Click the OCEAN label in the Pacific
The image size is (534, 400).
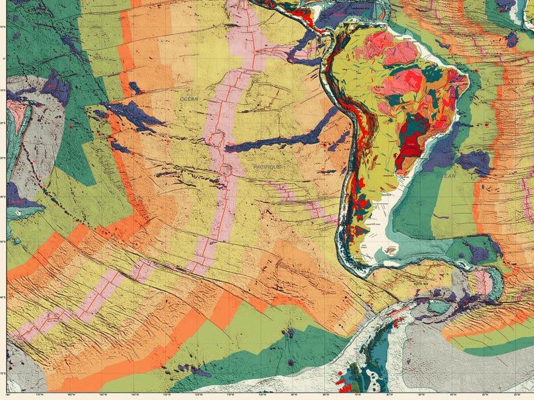coord(190,99)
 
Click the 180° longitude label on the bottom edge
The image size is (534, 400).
coord(8,394)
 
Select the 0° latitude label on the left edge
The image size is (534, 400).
coord(3,59)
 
